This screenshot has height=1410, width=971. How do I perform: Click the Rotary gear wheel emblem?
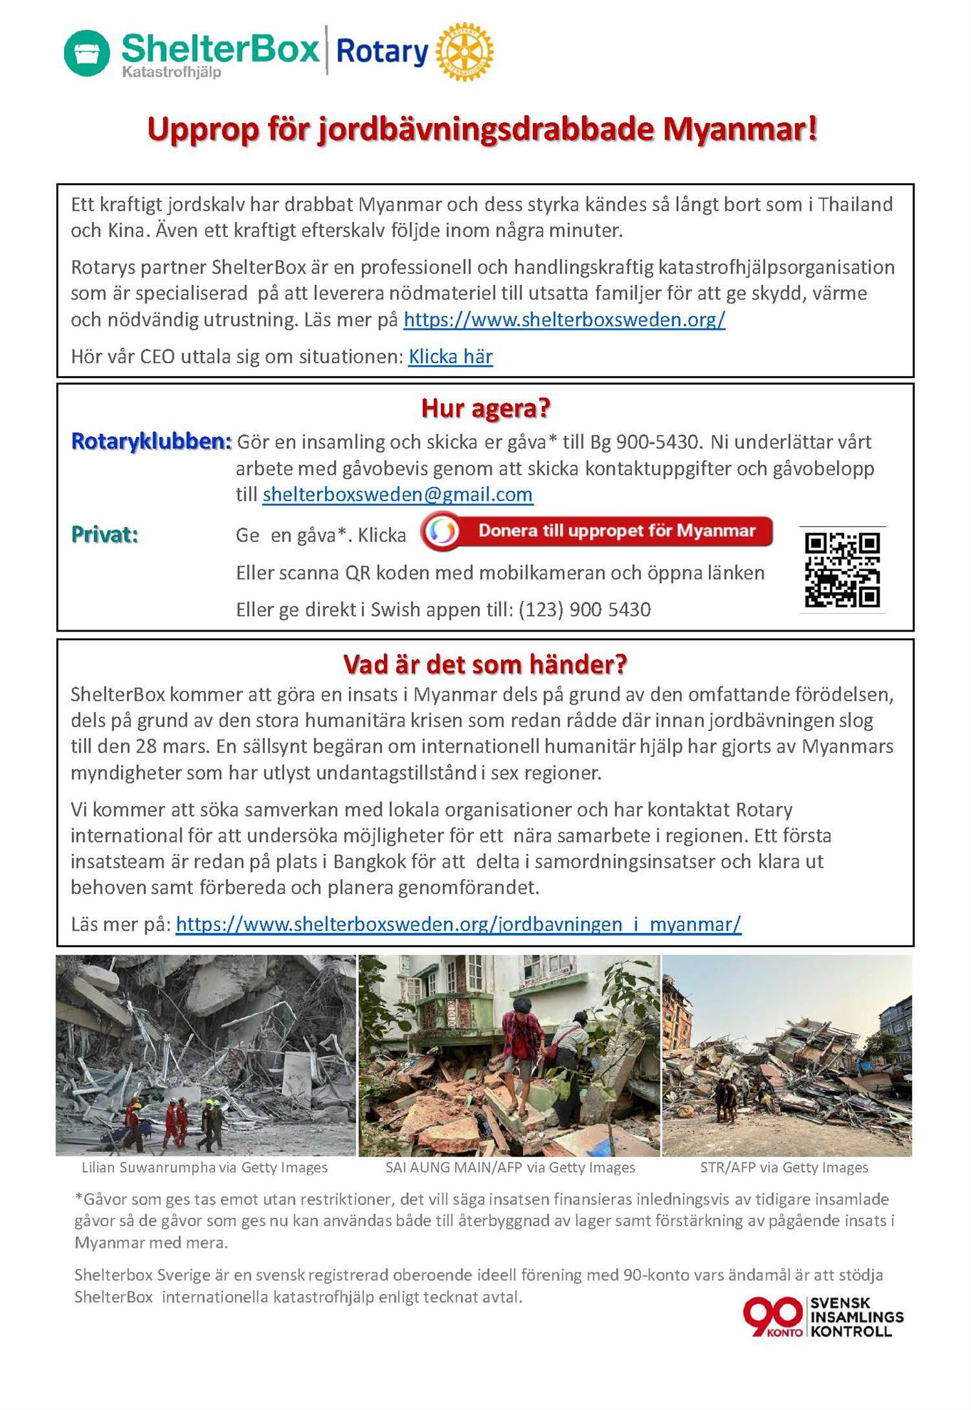click(x=464, y=51)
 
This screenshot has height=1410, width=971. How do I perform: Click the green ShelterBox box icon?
click(x=87, y=53)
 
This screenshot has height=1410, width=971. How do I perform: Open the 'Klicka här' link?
click(x=450, y=357)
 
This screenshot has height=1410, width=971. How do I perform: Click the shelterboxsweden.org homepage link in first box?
click(x=564, y=320)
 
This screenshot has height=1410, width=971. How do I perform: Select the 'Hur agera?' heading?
click(x=485, y=409)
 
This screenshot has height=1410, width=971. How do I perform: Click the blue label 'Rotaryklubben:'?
click(x=151, y=442)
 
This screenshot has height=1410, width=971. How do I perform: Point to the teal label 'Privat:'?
click(x=105, y=535)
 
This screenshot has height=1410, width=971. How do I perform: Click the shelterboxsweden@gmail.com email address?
click(x=398, y=495)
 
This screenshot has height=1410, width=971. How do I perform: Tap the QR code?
click(x=842, y=570)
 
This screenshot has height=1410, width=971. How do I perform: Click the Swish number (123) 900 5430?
click(x=584, y=610)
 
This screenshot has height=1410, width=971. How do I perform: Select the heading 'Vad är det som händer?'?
click(x=485, y=664)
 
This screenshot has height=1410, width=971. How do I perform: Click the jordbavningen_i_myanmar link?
click(x=458, y=924)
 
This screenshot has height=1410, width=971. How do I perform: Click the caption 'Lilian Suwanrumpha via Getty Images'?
click(x=204, y=1168)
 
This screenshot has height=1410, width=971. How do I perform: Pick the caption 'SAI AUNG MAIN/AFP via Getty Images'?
click(x=510, y=1168)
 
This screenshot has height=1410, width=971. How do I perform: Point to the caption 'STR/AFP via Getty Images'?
click(x=784, y=1168)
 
